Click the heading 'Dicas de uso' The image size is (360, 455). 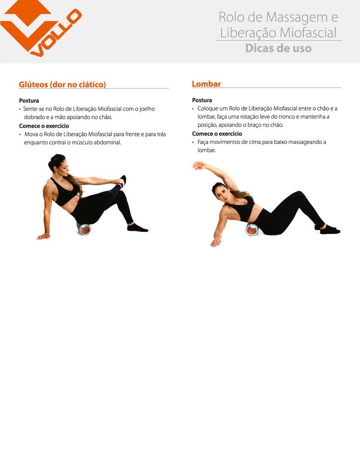(x=278, y=48)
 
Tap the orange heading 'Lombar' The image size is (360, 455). (x=206, y=84)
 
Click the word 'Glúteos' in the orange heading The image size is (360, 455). (x=33, y=85)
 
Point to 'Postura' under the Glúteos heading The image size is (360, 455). (x=29, y=101)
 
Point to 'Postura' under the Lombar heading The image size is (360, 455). (x=202, y=100)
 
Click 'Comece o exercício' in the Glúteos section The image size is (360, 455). (x=44, y=126)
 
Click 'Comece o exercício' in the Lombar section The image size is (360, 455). (x=217, y=134)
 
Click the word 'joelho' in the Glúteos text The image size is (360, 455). (x=147, y=109)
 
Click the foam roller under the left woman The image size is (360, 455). (x=84, y=229)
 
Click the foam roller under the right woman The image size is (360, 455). (x=252, y=229)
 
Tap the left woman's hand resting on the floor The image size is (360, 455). (x=44, y=237)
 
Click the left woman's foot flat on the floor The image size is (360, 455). (x=138, y=228)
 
